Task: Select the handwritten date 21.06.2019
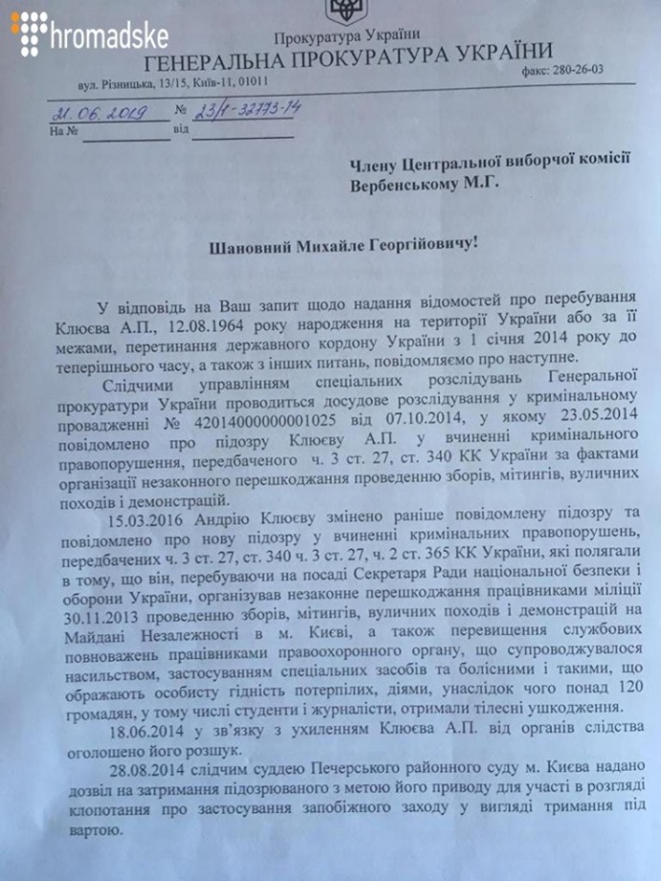[99, 112]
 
